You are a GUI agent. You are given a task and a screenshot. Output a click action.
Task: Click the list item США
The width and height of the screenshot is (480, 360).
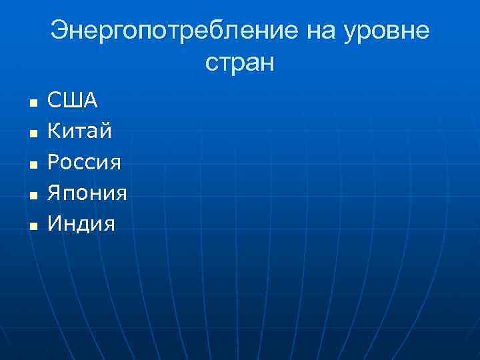pyautogui.click(x=73, y=101)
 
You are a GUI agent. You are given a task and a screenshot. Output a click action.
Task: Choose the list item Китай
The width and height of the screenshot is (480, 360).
pyautogui.click(x=79, y=131)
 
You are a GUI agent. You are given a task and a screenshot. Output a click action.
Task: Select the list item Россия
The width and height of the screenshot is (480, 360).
pyautogui.click(x=84, y=162)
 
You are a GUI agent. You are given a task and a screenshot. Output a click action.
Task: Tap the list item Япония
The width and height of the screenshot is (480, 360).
pyautogui.click(x=87, y=193)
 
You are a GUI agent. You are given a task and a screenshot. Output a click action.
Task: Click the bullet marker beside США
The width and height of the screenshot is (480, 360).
pyautogui.click(x=31, y=103)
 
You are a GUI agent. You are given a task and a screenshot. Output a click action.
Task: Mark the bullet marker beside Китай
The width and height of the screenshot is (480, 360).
pyautogui.click(x=31, y=134)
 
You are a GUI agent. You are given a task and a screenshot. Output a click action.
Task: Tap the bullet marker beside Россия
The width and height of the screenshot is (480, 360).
pyautogui.click(x=31, y=165)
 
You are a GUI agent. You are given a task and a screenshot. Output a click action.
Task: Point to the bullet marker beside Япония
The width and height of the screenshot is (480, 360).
pyautogui.click(x=31, y=195)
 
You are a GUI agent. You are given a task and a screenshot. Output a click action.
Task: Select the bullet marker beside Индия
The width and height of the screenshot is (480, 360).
pyautogui.click(x=31, y=226)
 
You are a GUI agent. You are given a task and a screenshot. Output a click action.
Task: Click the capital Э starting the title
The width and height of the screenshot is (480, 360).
pyautogui.click(x=59, y=32)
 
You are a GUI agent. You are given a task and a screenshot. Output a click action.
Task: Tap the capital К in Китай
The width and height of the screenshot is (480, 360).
pyautogui.click(x=54, y=131)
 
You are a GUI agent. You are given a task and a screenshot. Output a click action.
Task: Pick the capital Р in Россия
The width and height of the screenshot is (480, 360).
pyautogui.click(x=53, y=162)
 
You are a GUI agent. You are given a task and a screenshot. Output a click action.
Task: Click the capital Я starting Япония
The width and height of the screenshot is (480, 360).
pyautogui.click(x=54, y=193)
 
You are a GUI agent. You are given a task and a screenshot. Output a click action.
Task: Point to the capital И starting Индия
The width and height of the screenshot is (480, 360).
pyautogui.click(x=55, y=223)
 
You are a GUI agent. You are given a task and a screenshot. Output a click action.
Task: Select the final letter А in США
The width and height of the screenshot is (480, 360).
pyautogui.click(x=90, y=101)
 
